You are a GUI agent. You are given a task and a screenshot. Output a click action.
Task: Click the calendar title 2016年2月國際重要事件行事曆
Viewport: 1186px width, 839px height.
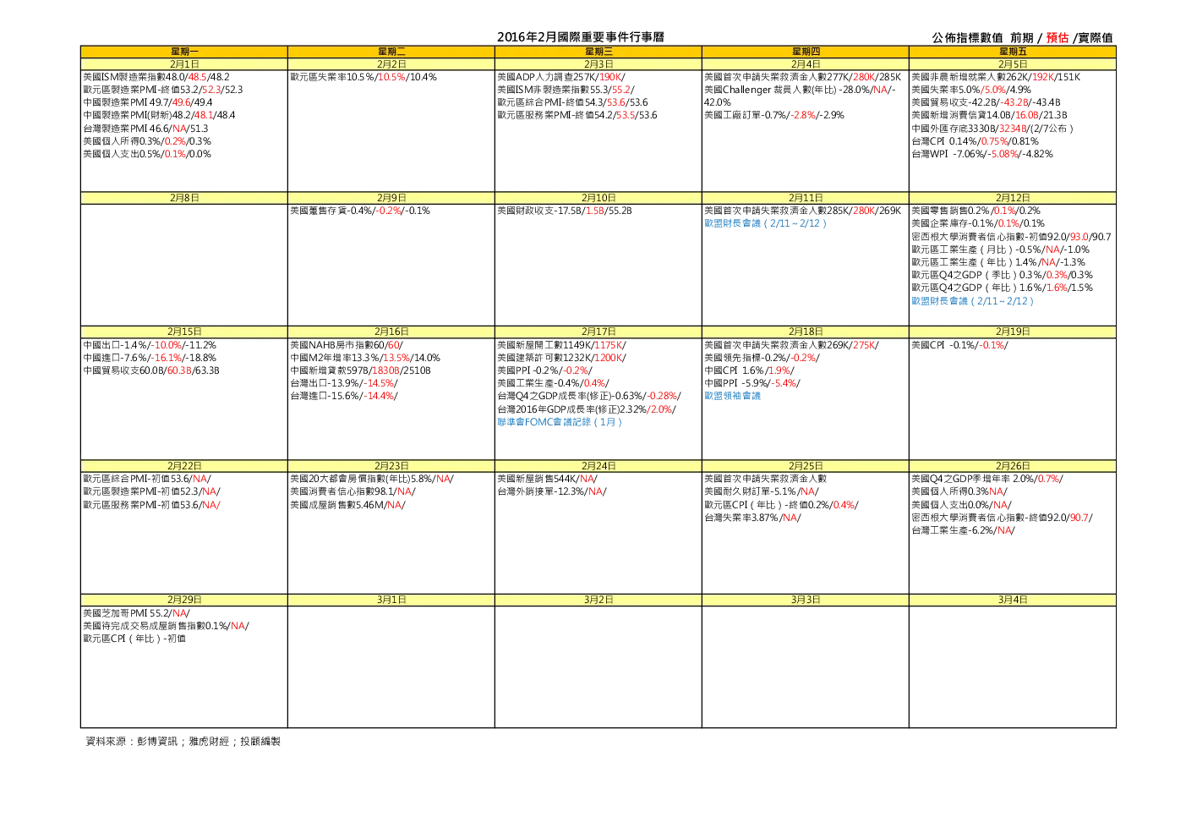(x=580, y=37)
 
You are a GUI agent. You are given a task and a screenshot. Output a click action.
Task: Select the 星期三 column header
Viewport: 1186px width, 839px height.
(x=598, y=52)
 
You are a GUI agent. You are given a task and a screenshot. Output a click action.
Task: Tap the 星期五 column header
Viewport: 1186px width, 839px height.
(x=1013, y=52)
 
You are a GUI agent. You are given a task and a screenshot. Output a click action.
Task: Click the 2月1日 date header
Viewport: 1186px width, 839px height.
(x=184, y=64)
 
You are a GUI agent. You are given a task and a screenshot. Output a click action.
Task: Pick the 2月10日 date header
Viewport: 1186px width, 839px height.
(x=598, y=198)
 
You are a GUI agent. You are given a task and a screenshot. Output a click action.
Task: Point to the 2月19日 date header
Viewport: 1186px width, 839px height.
(x=1013, y=332)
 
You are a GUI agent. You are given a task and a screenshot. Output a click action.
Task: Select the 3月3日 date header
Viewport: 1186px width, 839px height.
(x=806, y=600)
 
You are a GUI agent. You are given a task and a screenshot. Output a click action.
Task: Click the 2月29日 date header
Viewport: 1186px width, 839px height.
(x=184, y=600)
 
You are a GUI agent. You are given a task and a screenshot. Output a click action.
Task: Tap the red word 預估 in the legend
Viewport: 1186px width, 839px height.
(x=1057, y=37)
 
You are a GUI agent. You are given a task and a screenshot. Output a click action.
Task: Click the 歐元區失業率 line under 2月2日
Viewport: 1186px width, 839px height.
(x=363, y=77)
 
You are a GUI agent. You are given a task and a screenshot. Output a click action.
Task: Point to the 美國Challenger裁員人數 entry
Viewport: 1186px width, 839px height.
(x=800, y=96)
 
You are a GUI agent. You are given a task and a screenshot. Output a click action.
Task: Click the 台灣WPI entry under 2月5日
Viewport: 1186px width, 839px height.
(x=982, y=154)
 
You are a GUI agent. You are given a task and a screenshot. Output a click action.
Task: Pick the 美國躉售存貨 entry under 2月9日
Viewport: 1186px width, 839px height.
(x=360, y=211)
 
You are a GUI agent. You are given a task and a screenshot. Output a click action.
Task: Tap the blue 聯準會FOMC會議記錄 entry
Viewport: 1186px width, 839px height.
(x=560, y=422)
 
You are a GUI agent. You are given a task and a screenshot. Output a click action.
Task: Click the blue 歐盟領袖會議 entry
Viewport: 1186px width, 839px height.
(x=732, y=396)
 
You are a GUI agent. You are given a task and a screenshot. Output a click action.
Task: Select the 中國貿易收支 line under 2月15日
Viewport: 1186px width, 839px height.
(x=151, y=370)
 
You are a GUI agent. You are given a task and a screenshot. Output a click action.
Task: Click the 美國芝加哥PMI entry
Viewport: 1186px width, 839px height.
(x=136, y=613)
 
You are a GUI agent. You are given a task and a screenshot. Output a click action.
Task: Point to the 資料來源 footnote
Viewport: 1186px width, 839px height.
(x=183, y=742)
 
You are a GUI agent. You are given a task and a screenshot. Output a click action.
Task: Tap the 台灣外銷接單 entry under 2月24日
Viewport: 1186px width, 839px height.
(x=552, y=491)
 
